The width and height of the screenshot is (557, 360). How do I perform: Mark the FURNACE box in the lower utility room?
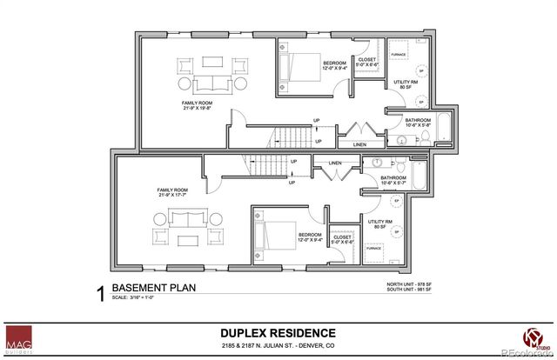374,248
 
